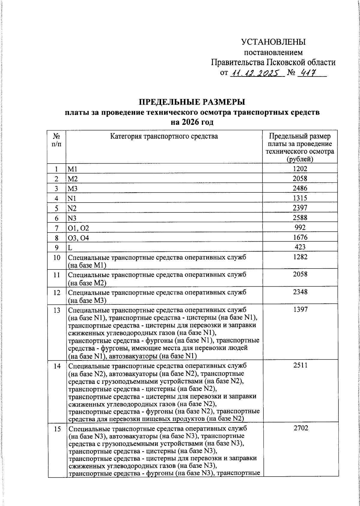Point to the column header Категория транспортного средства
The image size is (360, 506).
[x=164, y=137]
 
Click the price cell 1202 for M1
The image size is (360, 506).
[x=300, y=169]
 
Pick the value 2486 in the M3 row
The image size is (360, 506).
[x=300, y=188]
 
